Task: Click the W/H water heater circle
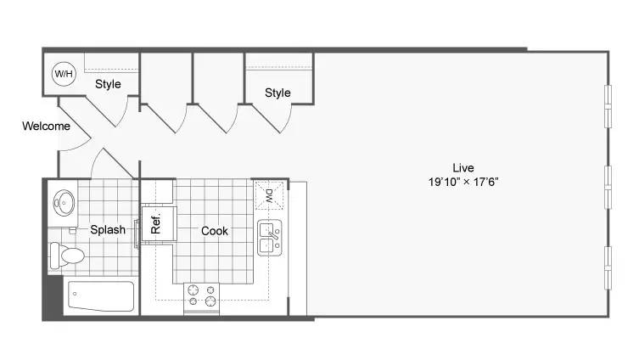click(x=64, y=74)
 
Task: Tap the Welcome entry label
click(x=46, y=126)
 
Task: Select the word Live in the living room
click(x=463, y=168)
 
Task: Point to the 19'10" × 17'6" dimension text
click(x=463, y=182)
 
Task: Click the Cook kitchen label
click(x=215, y=231)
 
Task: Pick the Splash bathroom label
click(x=108, y=229)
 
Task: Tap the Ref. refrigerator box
click(x=159, y=223)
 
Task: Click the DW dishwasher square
click(x=269, y=195)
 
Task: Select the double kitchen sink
click(x=269, y=238)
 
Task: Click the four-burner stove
click(x=201, y=298)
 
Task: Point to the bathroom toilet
click(x=67, y=256)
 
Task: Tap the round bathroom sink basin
click(x=64, y=203)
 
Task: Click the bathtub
click(x=101, y=296)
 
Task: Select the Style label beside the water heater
click(x=108, y=84)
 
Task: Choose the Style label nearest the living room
click(x=277, y=93)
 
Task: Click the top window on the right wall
click(x=608, y=106)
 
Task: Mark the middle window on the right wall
click(x=608, y=187)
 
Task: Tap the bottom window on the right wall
click(x=608, y=267)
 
